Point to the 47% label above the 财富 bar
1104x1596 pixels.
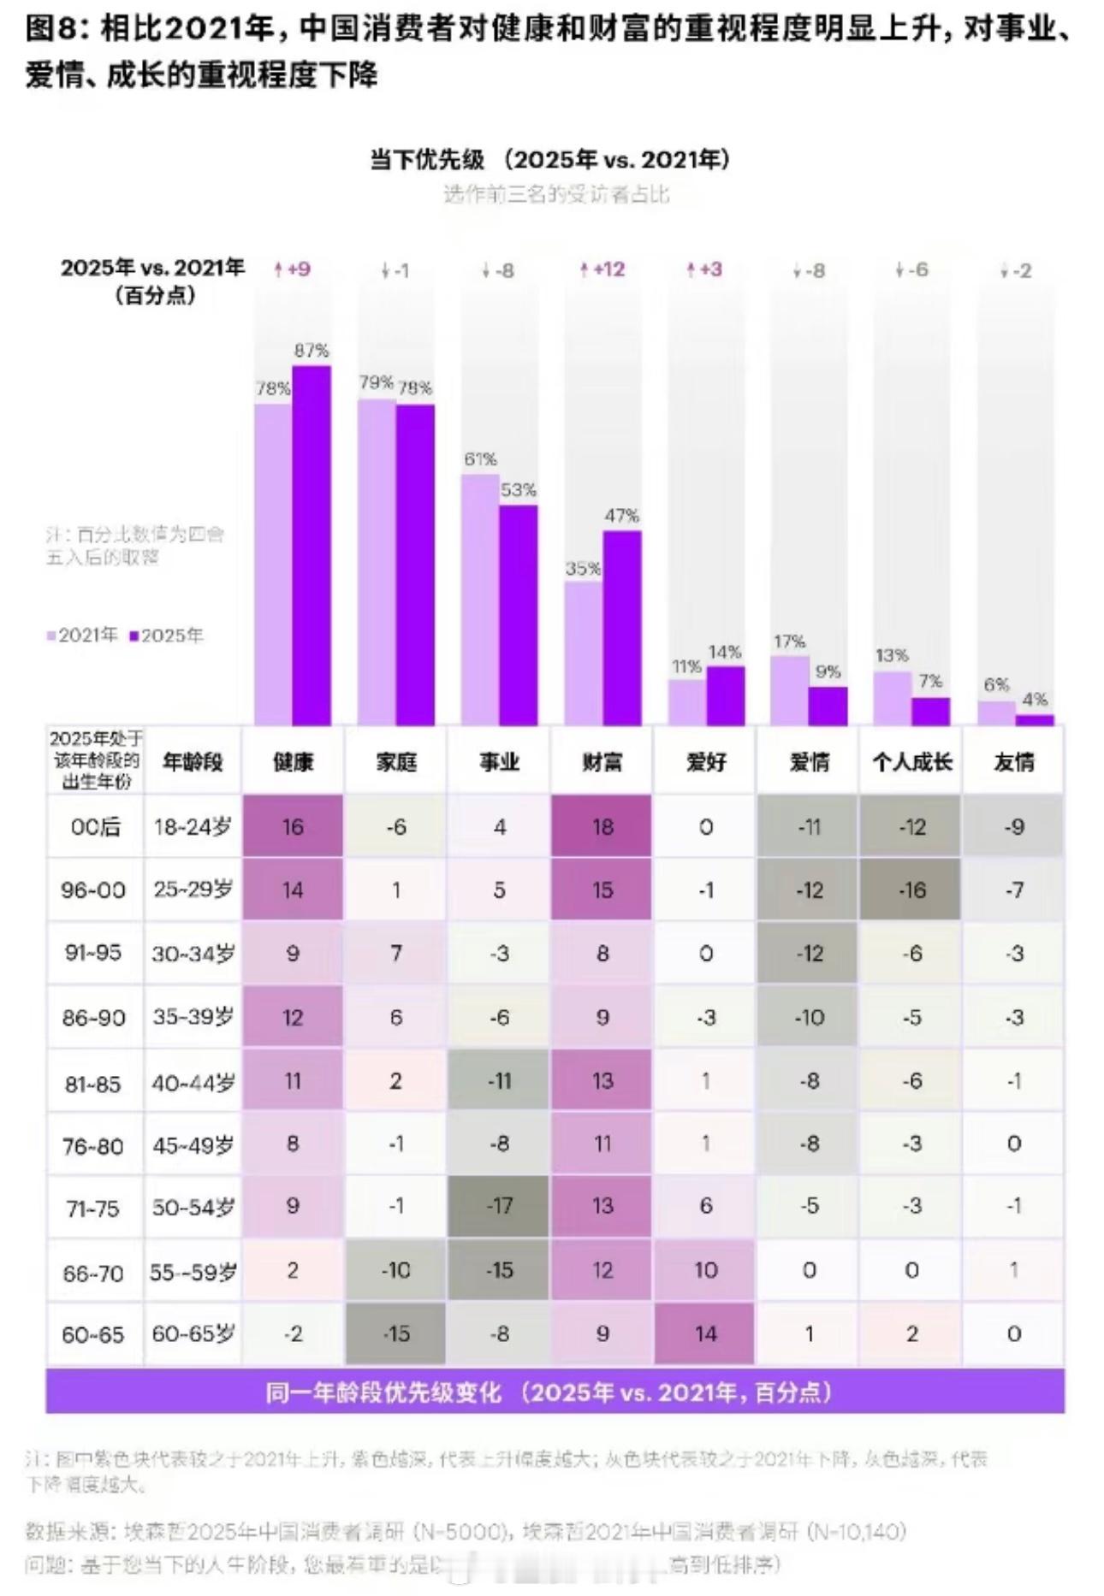621,516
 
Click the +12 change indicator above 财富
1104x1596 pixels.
602,269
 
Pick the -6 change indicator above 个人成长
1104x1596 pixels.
911,269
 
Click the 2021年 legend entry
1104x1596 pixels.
82,635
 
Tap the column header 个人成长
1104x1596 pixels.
911,761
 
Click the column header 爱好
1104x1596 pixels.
705,761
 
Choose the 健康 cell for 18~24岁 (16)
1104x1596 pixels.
293,827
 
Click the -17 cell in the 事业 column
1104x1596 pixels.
499,1206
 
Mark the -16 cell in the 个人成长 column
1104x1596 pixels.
911,890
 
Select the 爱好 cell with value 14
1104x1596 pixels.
705,1333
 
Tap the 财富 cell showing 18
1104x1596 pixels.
602,827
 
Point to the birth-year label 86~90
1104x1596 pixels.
93,1018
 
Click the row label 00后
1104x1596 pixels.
95,827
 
